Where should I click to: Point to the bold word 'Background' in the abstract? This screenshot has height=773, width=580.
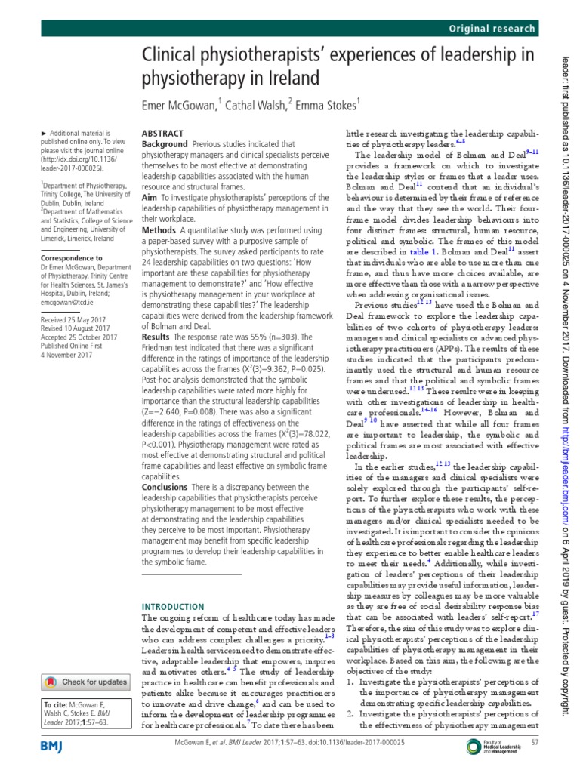click(x=165, y=144)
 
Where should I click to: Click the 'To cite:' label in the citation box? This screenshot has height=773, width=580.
click(x=54, y=705)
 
